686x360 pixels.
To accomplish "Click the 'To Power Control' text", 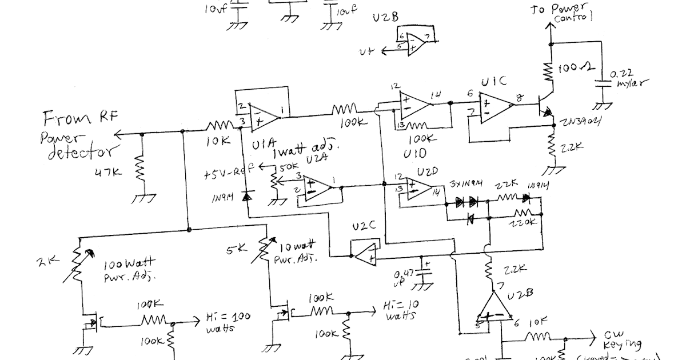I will click(575, 12).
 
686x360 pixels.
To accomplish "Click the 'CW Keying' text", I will click(623, 341).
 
